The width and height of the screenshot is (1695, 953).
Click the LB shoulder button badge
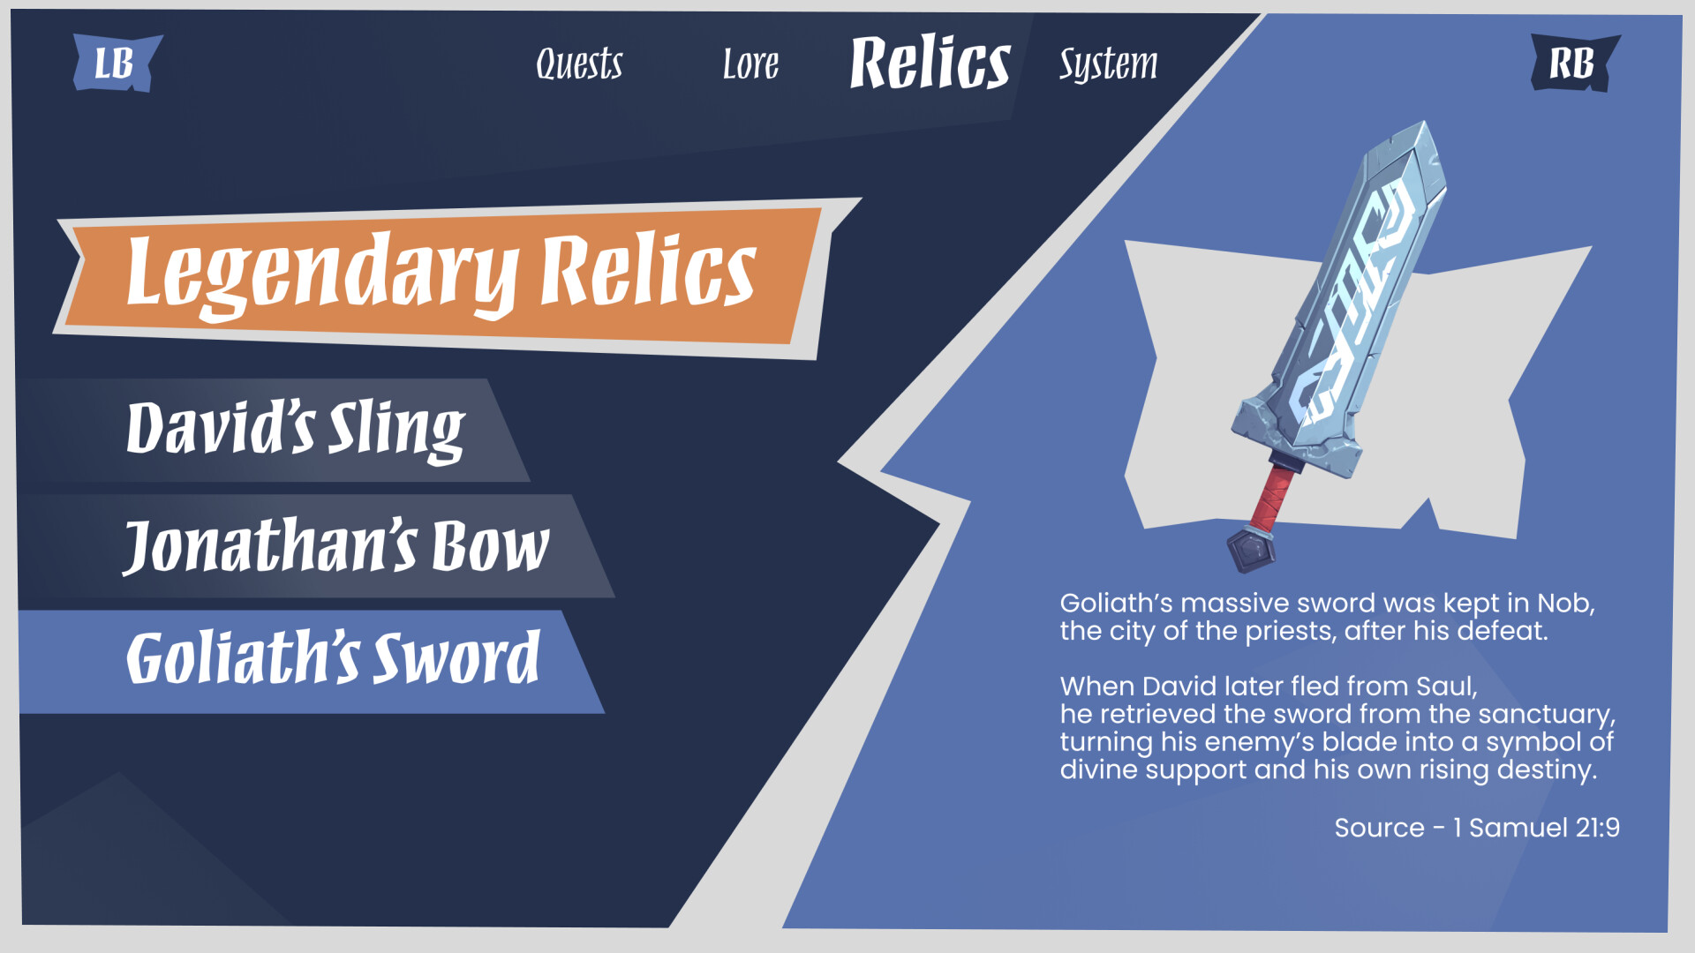coord(117,64)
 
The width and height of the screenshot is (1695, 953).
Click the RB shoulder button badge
coord(1574,64)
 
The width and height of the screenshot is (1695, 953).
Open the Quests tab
coord(579,64)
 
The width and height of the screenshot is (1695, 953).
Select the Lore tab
coord(750,64)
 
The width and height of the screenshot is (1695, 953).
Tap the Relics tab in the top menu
coord(930,63)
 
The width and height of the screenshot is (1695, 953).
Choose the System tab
coord(1108,64)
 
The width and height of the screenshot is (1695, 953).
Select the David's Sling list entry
coord(296,430)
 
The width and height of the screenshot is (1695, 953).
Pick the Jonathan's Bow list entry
coord(335,546)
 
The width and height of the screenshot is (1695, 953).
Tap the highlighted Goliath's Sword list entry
coord(332,660)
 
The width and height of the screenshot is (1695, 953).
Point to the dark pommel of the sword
coord(1251,549)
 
